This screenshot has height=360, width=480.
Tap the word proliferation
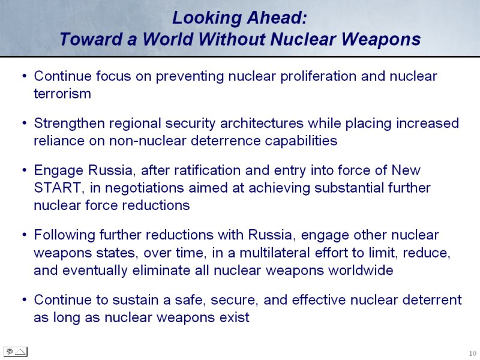[x=318, y=77]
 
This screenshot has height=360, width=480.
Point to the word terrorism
[x=62, y=94]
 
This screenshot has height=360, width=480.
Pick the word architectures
[x=262, y=123]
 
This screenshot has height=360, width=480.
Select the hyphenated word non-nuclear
[x=148, y=141]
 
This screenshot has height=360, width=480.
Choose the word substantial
[x=349, y=188]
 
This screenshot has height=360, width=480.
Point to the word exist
[x=235, y=317]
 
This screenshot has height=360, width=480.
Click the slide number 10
[x=472, y=353]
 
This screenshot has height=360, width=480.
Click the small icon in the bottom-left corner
[x=16, y=352]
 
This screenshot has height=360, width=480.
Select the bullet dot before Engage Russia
[x=25, y=170]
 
